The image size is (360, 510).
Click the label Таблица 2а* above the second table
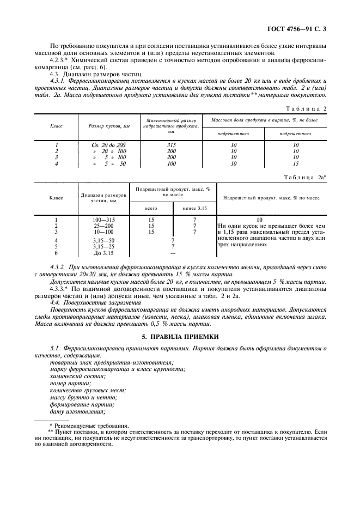[x=306, y=178]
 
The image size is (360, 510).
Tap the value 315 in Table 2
[x=172, y=145]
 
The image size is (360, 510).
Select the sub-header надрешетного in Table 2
[x=233, y=133]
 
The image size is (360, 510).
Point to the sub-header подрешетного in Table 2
[x=296, y=133]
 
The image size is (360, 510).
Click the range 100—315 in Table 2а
[x=103, y=220]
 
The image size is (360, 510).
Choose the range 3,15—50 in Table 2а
[x=103, y=240]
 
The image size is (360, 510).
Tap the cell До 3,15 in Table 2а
[x=103, y=253]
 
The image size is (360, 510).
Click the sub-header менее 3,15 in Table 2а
[x=194, y=208]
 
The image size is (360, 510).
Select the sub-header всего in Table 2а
[x=151, y=208]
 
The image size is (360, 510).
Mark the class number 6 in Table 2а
[x=56, y=253]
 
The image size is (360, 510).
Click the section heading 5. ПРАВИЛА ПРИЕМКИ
[x=180, y=337]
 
